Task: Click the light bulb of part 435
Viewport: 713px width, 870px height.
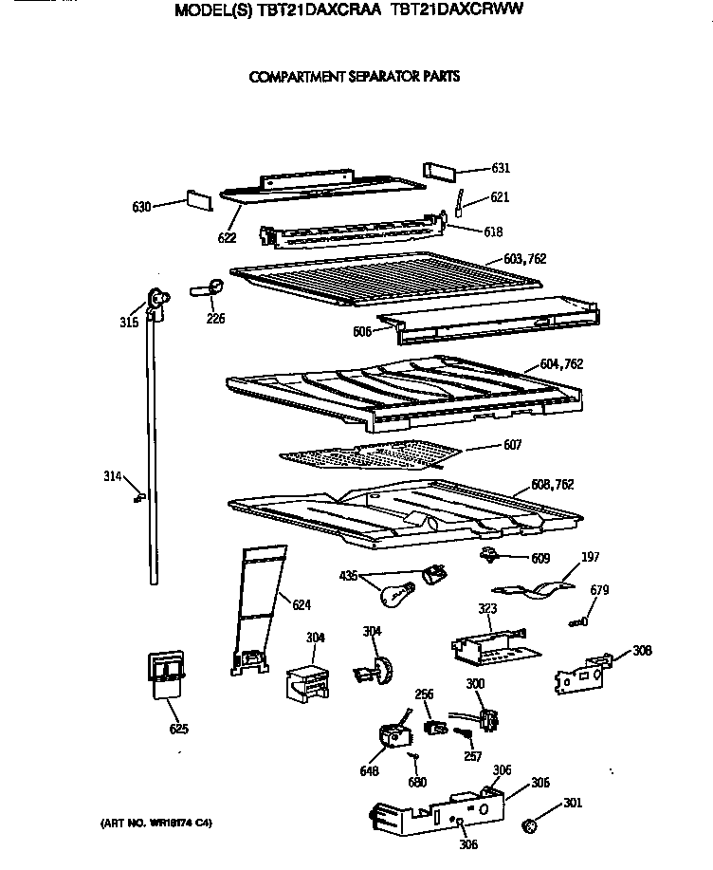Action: (x=392, y=594)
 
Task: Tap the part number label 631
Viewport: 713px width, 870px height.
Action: (x=501, y=169)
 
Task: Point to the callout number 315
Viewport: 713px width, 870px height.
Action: (x=130, y=323)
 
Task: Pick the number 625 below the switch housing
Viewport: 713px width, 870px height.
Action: (x=178, y=729)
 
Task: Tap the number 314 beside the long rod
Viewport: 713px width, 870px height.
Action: (x=113, y=476)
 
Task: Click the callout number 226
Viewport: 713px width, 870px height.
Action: (x=215, y=319)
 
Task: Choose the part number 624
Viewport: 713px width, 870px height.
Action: (x=301, y=605)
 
